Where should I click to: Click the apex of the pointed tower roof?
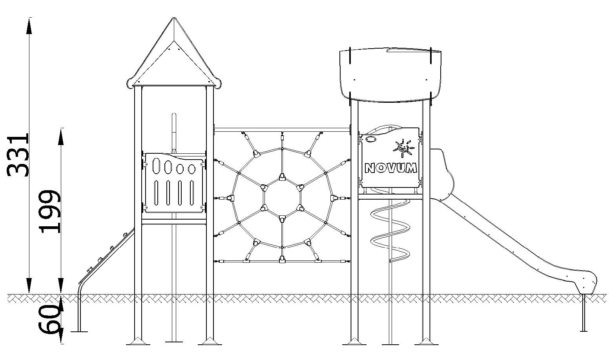click(174, 18)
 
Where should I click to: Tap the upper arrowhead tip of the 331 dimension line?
click(29, 18)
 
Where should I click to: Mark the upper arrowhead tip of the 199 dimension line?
click(61, 129)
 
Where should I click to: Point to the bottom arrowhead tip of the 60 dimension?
click(61, 344)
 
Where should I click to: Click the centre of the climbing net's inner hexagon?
click(282, 198)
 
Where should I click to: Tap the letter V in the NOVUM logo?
click(391, 168)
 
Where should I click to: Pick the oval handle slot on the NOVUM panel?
click(370, 139)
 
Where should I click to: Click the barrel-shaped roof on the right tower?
click(390, 75)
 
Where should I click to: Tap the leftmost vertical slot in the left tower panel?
click(156, 193)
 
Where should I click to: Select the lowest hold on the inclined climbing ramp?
click(89, 270)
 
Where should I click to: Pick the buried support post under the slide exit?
click(583, 313)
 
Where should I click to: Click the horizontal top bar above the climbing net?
click(282, 130)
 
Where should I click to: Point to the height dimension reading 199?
click(49, 212)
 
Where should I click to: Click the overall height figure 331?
click(18, 155)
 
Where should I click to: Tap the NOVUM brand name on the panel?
click(391, 168)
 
